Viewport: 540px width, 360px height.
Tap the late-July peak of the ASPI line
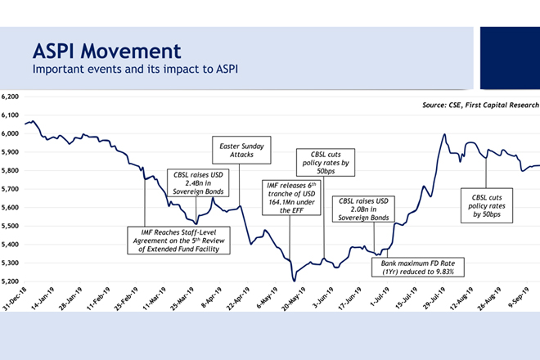coord(443,135)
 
